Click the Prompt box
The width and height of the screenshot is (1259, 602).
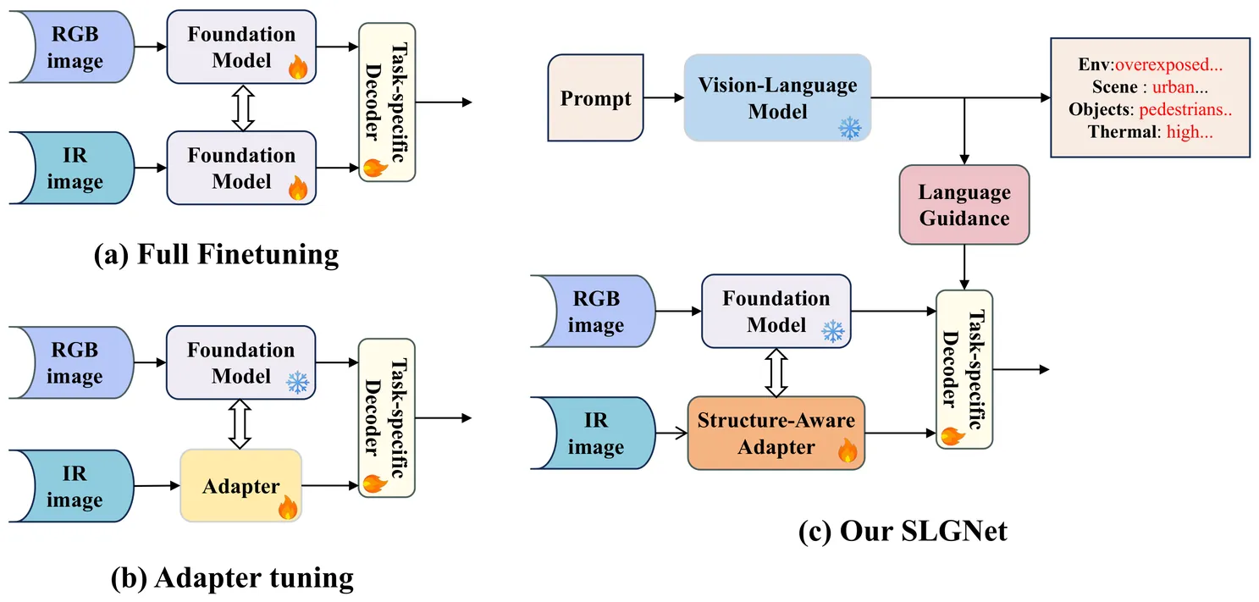coord(595,98)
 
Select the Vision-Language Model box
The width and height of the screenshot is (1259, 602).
coord(777,97)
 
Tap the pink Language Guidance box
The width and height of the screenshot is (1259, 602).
coord(964,205)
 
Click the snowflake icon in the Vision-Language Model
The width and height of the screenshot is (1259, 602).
coord(849,127)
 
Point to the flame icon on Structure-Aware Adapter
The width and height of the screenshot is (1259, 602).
coord(848,450)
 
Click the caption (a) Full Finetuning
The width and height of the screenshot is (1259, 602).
coord(216,253)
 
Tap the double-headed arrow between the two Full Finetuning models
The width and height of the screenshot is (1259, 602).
coord(243,107)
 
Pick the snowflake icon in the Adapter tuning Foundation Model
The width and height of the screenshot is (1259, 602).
coord(297,383)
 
